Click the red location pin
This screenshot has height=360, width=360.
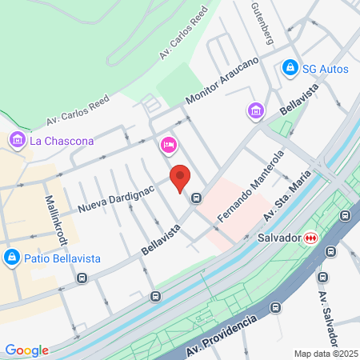click(x=180, y=177)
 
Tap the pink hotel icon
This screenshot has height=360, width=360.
click(x=168, y=144)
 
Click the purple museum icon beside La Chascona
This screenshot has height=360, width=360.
click(x=16, y=141)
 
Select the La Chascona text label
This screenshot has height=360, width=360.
click(x=62, y=142)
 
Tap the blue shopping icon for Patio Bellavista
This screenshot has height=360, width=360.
click(x=11, y=258)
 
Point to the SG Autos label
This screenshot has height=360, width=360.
click(x=325, y=69)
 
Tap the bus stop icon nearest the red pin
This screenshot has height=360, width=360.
click(x=197, y=198)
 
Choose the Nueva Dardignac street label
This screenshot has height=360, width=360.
click(x=115, y=198)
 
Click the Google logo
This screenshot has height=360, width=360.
click(x=27, y=350)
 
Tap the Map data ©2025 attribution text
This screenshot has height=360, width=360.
click(x=323, y=353)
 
